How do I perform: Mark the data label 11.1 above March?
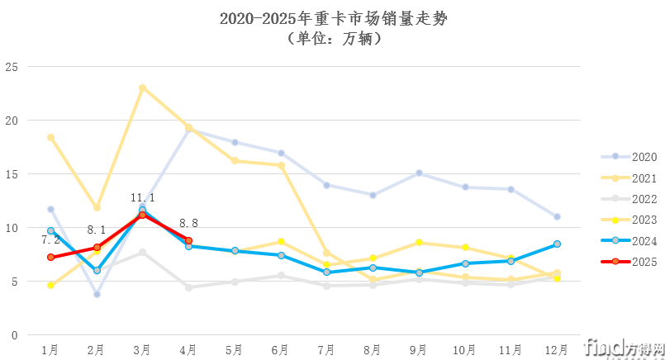[x=143, y=198]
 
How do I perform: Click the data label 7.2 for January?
[x=51, y=239]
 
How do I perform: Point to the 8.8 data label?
[x=190, y=223]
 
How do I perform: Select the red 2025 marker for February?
[x=97, y=248]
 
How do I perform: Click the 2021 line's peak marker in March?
[x=143, y=88]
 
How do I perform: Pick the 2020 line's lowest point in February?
[x=97, y=294]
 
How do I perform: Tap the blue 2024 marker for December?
[x=557, y=244]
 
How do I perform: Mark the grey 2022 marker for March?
[x=143, y=253]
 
